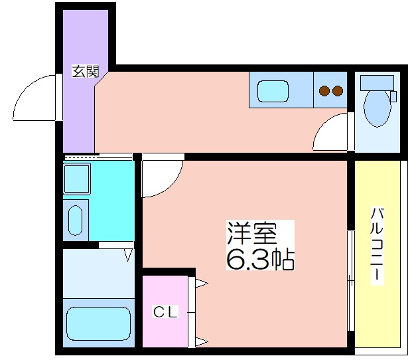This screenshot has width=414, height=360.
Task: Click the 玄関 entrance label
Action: [x=86, y=71]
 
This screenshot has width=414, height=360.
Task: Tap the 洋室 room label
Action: [x=252, y=234]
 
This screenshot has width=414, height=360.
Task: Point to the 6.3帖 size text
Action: [x=260, y=259]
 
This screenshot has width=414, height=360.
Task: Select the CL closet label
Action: [x=165, y=312]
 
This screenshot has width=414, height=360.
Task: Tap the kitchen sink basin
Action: [x=273, y=91]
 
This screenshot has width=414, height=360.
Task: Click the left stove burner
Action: [x=324, y=91]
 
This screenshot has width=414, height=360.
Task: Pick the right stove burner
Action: [x=338, y=91]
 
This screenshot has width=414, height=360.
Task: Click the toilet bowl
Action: [x=377, y=109]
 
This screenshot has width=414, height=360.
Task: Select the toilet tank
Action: [x=377, y=83]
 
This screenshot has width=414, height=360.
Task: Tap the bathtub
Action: [x=99, y=323]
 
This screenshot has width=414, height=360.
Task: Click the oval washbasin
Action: [x=76, y=220]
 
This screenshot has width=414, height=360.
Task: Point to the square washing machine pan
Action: [x=77, y=179]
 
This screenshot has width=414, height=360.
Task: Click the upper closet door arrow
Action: [x=202, y=284]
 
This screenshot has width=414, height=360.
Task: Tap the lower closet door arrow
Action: [x=202, y=342]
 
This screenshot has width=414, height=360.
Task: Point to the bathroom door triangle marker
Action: [x=128, y=255]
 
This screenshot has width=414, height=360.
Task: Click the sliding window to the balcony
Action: [x=350, y=281]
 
